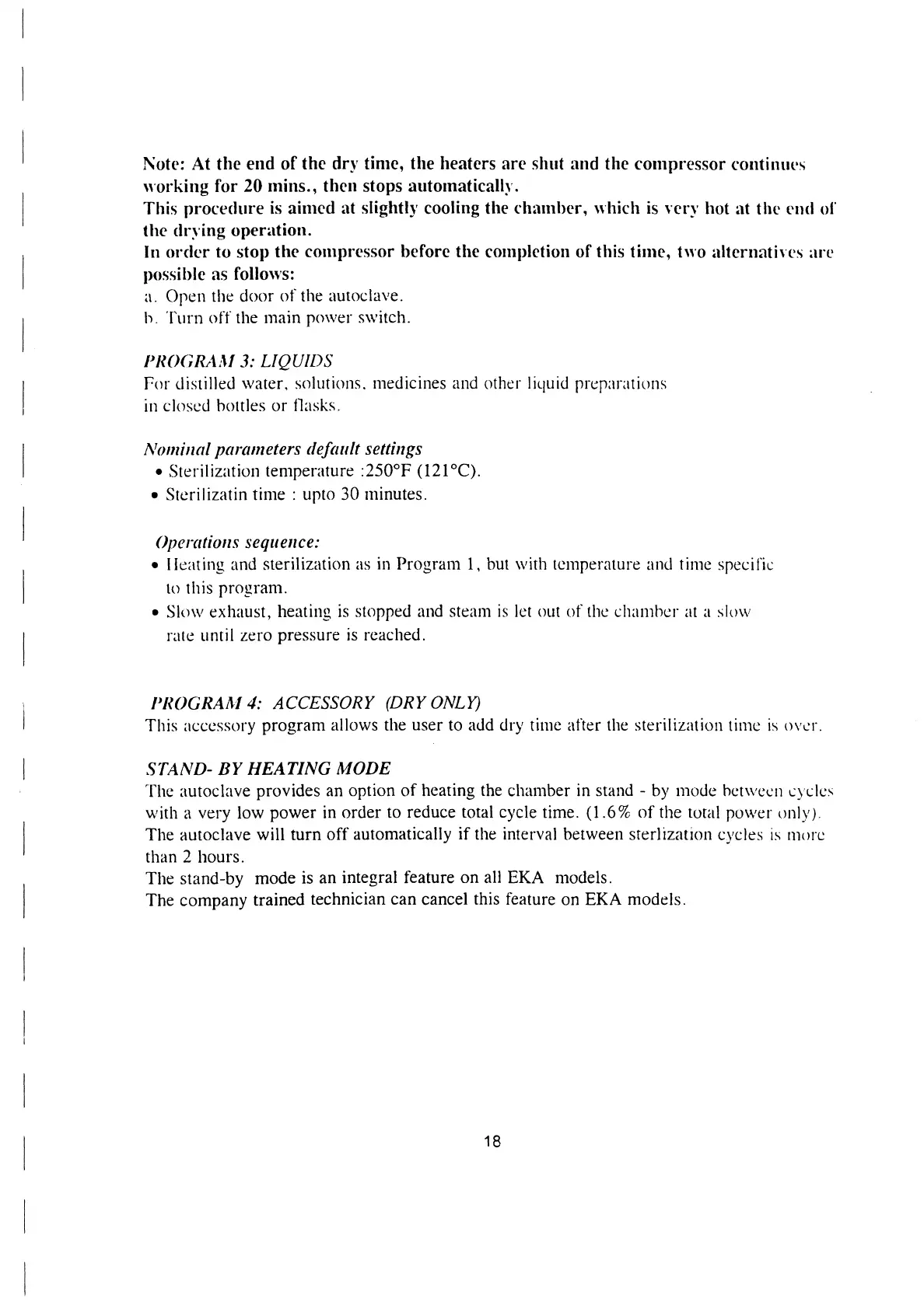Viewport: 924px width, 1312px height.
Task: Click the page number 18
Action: point(492,1141)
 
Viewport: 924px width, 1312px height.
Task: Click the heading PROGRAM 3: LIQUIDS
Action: point(239,361)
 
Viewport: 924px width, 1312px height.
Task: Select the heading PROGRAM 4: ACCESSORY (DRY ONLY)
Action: point(315,703)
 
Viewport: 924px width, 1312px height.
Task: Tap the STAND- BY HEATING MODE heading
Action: point(268,769)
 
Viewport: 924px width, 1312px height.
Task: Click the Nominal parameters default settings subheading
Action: point(284,449)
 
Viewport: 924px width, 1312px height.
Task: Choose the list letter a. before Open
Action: point(151,296)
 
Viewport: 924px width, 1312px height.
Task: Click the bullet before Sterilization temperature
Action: point(158,472)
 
